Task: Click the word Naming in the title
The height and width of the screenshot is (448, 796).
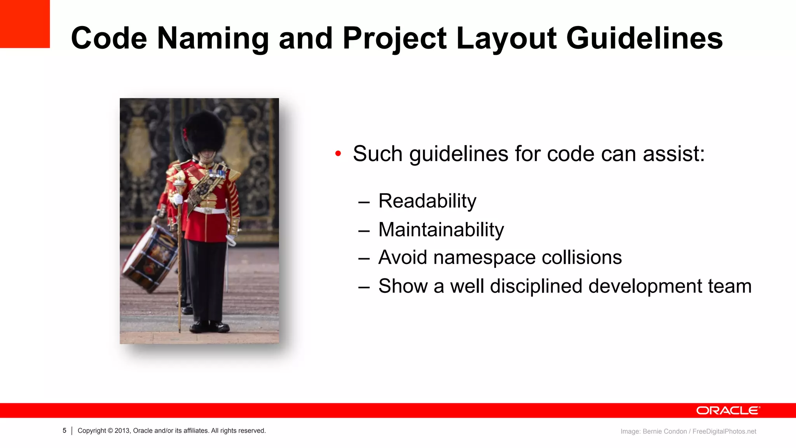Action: click(213, 39)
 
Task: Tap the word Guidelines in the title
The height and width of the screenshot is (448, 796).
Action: click(644, 39)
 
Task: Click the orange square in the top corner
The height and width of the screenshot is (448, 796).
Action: click(24, 24)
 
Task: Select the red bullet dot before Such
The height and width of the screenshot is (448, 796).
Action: click(338, 154)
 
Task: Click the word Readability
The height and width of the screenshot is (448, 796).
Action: click(427, 201)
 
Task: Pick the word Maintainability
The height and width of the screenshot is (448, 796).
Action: click(441, 230)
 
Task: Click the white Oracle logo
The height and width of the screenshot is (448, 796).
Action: click(728, 411)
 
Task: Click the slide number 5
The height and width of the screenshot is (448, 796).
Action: click(65, 430)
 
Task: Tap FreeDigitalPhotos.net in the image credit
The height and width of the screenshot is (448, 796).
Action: click(724, 431)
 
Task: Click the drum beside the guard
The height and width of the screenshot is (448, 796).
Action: click(150, 259)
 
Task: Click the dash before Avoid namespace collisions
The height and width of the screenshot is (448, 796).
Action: click(364, 259)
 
